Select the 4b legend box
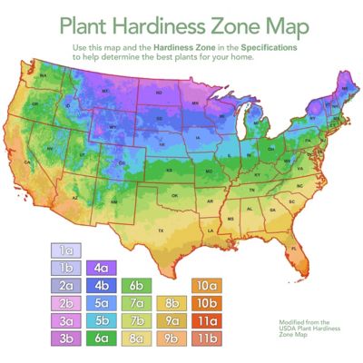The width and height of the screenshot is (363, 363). pyautogui.click(x=100, y=286)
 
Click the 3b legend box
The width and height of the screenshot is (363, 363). pyautogui.click(x=67, y=338)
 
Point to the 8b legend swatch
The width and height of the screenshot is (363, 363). pyautogui.click(x=172, y=303)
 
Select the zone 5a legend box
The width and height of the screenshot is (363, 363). pyautogui.click(x=100, y=303)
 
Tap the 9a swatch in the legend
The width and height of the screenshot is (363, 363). pyautogui.click(x=172, y=320)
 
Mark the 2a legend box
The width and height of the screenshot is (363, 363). pyautogui.click(x=67, y=286)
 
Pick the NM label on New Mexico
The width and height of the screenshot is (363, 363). pyautogui.click(x=113, y=201)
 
